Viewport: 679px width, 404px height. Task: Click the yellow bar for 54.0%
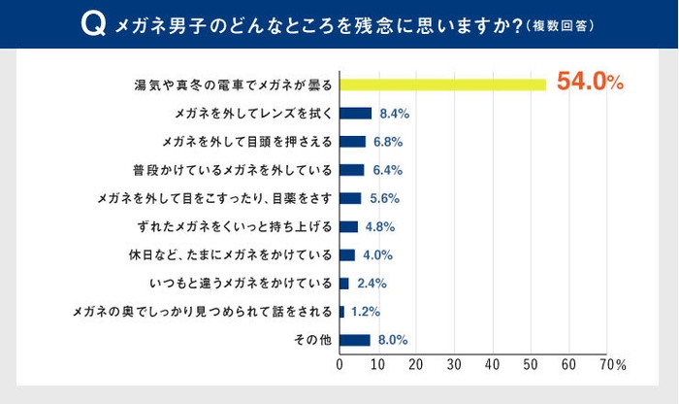[x=442, y=84]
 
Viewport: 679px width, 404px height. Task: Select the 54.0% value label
[x=589, y=84]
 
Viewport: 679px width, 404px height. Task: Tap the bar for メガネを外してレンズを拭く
[x=355, y=113]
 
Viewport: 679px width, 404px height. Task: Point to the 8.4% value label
[x=395, y=114]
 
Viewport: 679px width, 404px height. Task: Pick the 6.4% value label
[x=387, y=170]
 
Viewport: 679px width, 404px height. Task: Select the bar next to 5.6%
[x=350, y=198]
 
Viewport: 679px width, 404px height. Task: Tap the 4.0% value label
[x=377, y=255]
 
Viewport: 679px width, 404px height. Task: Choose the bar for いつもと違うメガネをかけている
[x=343, y=284]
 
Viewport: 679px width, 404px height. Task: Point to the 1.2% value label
[x=366, y=312]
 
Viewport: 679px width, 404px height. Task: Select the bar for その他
[x=354, y=340]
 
